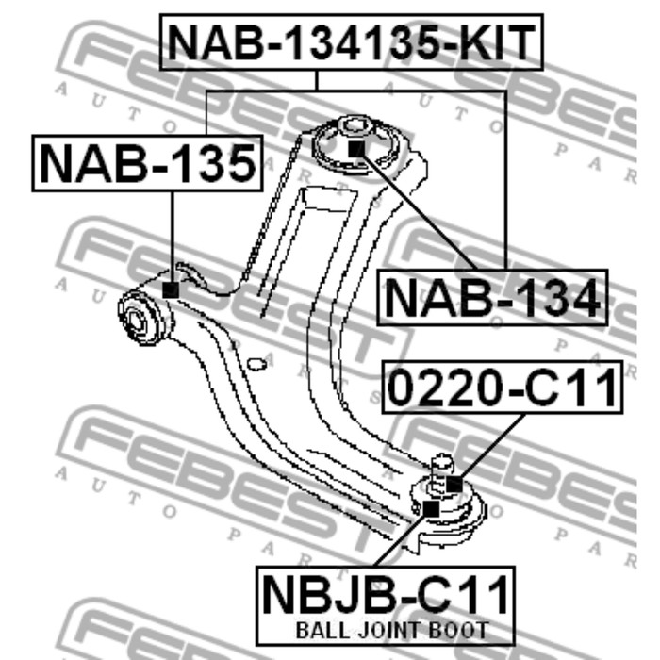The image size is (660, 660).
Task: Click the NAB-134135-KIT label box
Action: pos(353,42)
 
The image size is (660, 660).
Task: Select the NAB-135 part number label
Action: pos(148,162)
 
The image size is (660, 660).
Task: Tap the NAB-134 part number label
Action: pos(492,298)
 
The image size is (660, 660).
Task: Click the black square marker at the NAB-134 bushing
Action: pos(355,147)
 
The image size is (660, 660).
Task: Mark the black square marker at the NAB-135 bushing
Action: pos(171,289)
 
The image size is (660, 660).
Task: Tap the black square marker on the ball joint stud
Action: pos(454,485)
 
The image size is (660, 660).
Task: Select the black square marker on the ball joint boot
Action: pos(432,509)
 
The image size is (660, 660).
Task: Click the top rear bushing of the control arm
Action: pos(355,141)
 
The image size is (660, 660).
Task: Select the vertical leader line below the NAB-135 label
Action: pos(172,236)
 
